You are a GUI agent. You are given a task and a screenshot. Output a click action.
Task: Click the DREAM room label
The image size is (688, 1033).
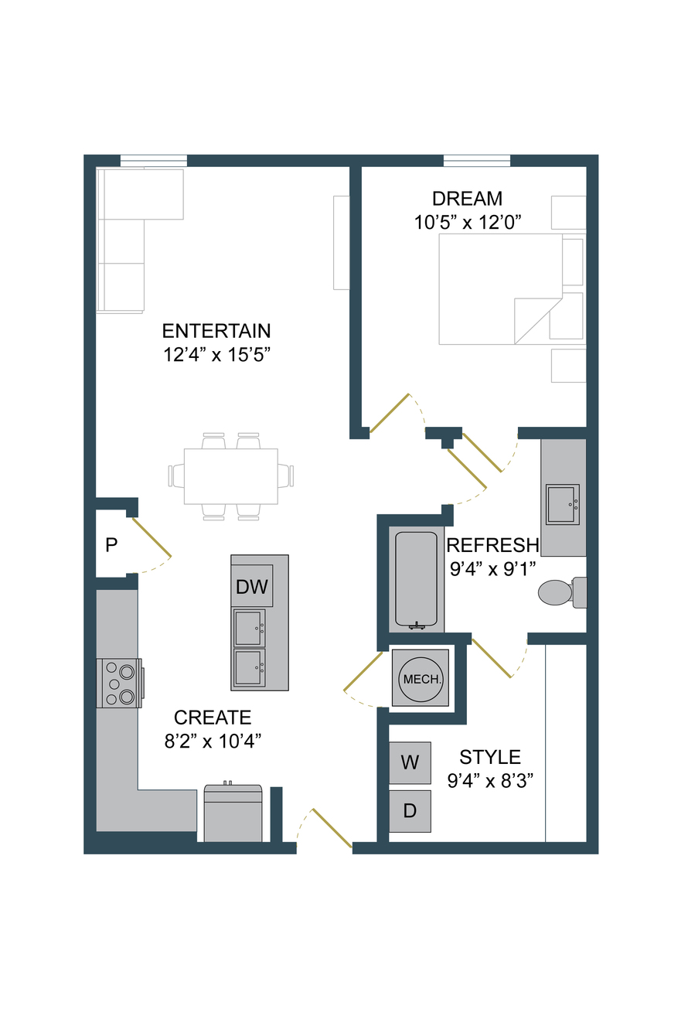pyautogui.click(x=467, y=199)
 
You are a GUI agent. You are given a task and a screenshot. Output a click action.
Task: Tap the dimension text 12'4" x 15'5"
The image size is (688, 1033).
pyautogui.click(x=216, y=355)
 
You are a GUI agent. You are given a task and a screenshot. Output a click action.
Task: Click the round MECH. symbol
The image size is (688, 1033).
pyautogui.click(x=421, y=679)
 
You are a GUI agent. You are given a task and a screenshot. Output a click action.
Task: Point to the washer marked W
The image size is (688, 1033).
pyautogui.click(x=410, y=762)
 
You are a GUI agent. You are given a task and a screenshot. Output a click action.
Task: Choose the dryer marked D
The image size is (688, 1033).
pyautogui.click(x=410, y=811)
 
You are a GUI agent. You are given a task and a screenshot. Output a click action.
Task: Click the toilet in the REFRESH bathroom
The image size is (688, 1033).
pyautogui.click(x=562, y=592)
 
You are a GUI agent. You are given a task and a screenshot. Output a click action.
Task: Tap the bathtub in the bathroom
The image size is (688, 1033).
pyautogui.click(x=417, y=580)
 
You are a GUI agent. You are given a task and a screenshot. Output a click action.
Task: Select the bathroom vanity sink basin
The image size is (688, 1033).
pyautogui.click(x=563, y=504)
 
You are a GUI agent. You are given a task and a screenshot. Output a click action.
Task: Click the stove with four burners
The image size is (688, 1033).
pyautogui.click(x=119, y=683)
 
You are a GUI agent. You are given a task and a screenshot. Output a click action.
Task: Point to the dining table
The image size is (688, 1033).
pyautogui.click(x=230, y=476)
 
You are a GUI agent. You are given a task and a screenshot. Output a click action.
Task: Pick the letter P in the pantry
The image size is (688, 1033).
pyautogui.click(x=111, y=545)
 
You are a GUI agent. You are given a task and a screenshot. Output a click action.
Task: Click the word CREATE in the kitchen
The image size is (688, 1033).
pyautogui.click(x=213, y=718)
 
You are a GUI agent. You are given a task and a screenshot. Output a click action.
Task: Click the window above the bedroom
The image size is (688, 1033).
pyautogui.click(x=477, y=161)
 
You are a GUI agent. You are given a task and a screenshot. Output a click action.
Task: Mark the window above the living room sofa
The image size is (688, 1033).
pyautogui.click(x=154, y=161)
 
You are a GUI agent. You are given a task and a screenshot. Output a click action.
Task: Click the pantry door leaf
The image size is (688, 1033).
pyautogui.click(x=152, y=537)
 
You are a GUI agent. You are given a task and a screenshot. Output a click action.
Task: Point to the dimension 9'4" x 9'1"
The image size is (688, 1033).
pyautogui.click(x=492, y=569)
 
